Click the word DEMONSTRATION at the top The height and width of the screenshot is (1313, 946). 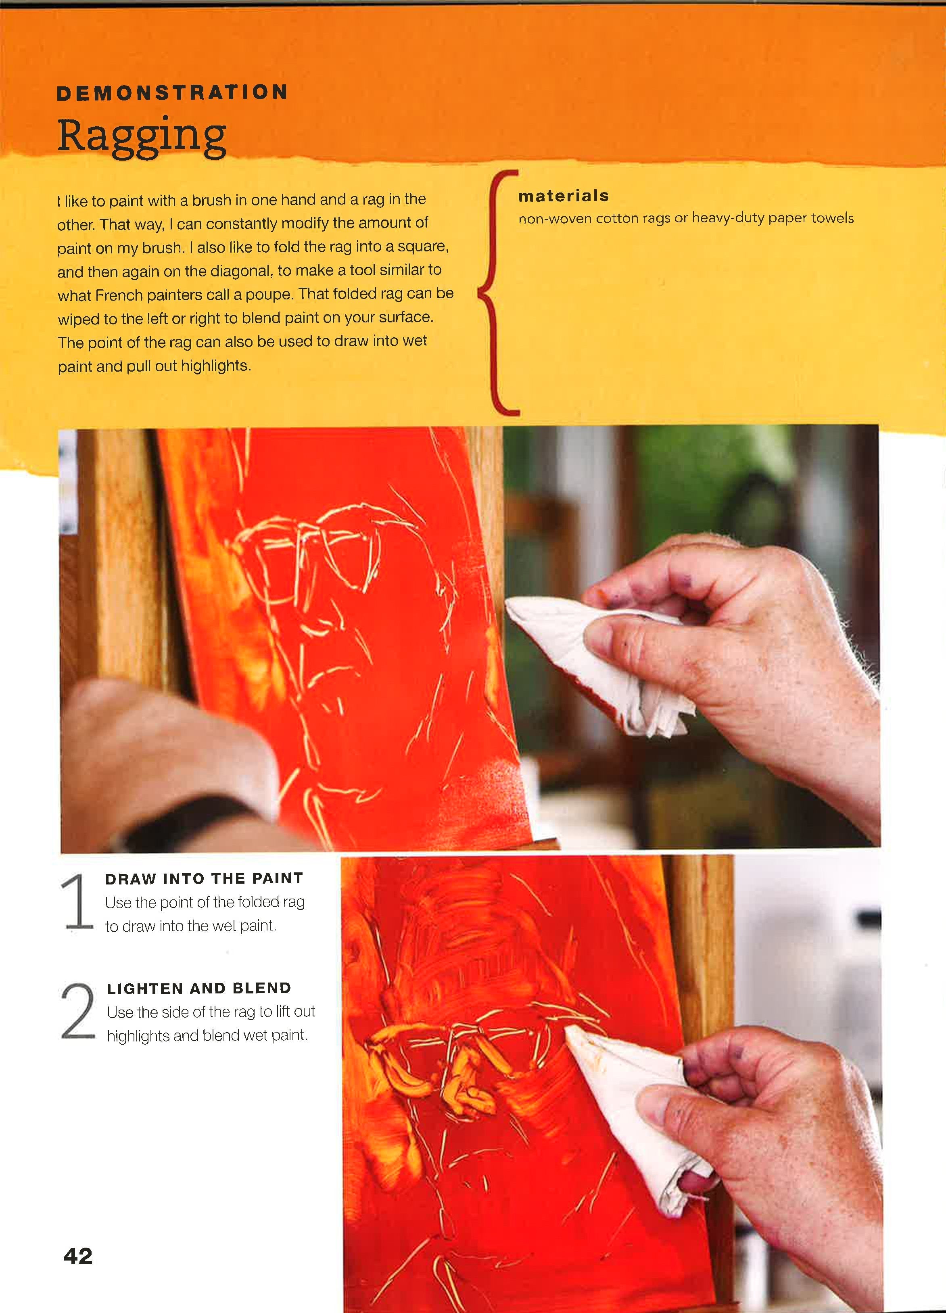[x=172, y=93]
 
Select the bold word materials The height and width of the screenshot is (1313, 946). [x=563, y=196]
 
